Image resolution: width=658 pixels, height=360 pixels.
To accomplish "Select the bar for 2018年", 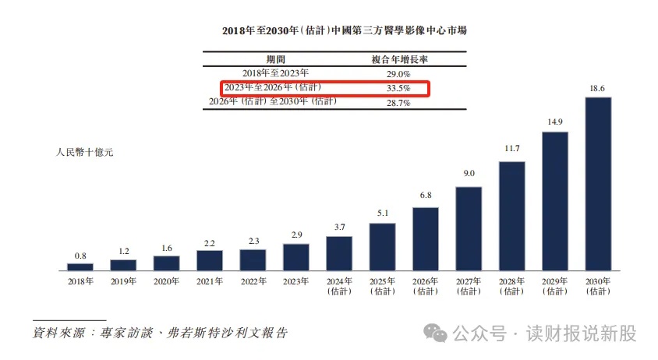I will [x=80, y=266].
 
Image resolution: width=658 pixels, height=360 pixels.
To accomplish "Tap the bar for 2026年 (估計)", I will [x=426, y=238].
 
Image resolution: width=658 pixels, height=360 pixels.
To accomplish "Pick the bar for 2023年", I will [x=296, y=256].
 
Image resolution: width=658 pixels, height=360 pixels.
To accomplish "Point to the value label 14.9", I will [x=555, y=123].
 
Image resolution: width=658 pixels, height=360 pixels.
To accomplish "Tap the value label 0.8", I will [x=80, y=255].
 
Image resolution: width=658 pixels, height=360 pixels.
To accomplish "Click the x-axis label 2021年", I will [x=210, y=281].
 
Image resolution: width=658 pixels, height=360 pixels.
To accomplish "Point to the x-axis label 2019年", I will [x=123, y=281].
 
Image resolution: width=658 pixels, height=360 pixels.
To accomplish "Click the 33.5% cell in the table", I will [x=398, y=88].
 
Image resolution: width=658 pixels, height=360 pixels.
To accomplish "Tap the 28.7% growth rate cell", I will [x=398, y=103].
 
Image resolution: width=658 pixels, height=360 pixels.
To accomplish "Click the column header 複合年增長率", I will [x=398, y=58].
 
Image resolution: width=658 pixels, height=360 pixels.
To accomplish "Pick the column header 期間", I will [x=276, y=58].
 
